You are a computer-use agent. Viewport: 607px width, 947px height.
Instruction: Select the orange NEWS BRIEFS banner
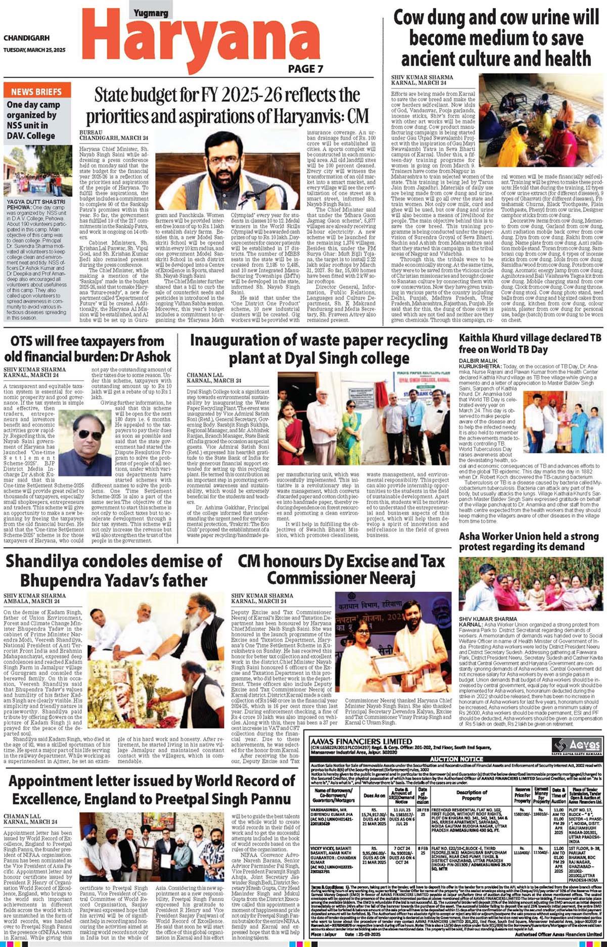(37, 91)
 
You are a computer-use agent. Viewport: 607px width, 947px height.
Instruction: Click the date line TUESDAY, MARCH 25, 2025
(34, 50)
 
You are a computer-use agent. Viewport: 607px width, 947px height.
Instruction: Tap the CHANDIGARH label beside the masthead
(26, 38)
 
